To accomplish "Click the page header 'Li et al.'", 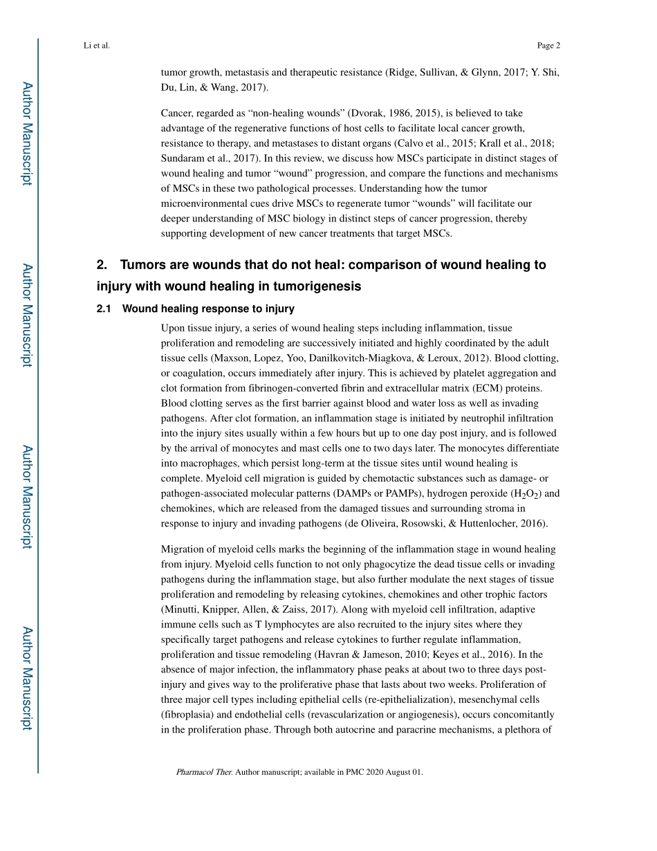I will [x=96, y=46].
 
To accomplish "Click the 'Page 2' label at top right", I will [x=548, y=46].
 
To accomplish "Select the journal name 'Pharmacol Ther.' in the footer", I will [x=204, y=771].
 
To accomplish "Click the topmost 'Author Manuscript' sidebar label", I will [x=26, y=133].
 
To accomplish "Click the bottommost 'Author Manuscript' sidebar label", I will [x=26, y=678].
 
